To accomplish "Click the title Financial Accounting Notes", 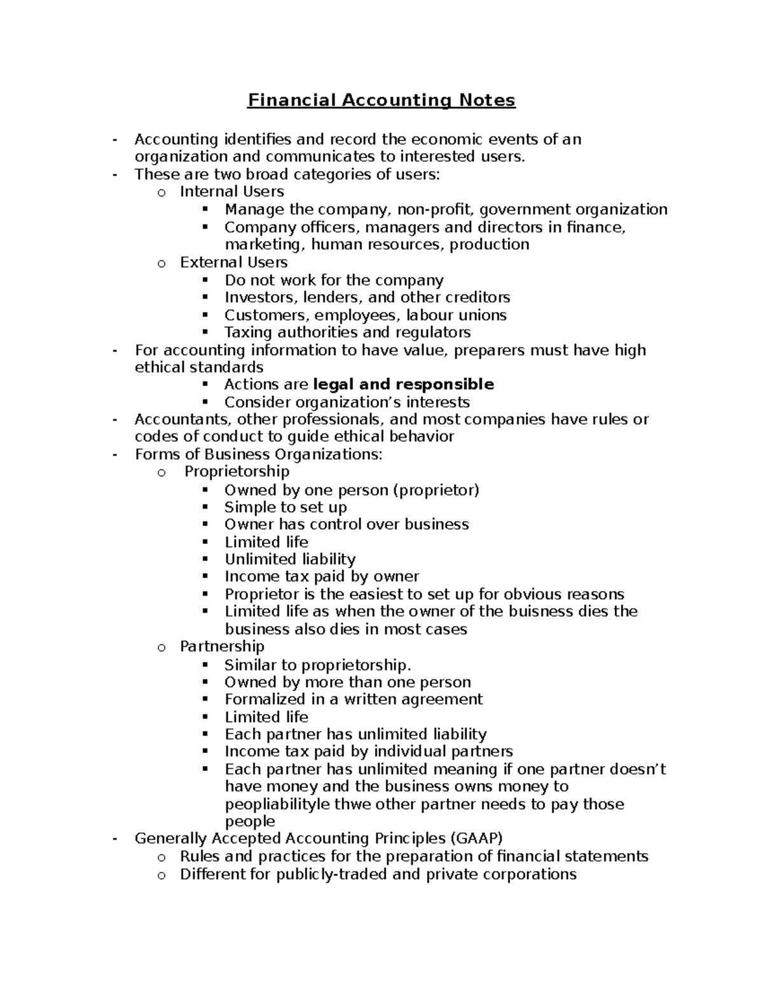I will (x=381, y=100).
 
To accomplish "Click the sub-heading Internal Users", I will (x=231, y=191).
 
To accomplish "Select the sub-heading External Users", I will (x=233, y=262).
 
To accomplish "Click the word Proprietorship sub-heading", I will (x=237, y=472).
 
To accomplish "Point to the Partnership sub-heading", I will (x=222, y=646).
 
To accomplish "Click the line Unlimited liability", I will (x=290, y=559).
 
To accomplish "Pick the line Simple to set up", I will (x=285, y=507).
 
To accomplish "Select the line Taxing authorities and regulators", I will (x=347, y=332).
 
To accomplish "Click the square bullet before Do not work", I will (x=205, y=280).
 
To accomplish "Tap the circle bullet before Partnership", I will (x=162, y=648).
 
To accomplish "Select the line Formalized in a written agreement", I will (x=354, y=700).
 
